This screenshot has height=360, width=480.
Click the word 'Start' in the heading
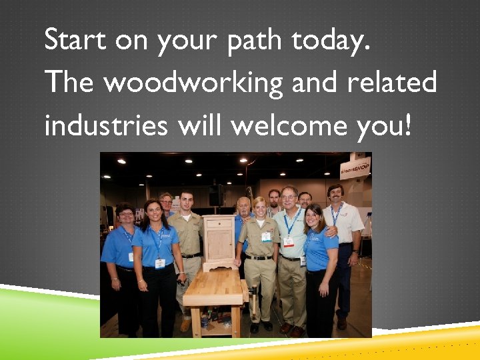coord(75,41)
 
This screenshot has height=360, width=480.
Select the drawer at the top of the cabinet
coord(219,223)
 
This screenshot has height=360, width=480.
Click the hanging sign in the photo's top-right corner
coord(355,166)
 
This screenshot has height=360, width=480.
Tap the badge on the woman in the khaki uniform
coord(266,236)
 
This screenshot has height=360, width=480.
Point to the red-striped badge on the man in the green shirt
coord(289,241)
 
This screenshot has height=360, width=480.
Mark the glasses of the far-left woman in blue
coord(125,214)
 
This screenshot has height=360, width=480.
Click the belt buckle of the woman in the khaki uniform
coord(259,257)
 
